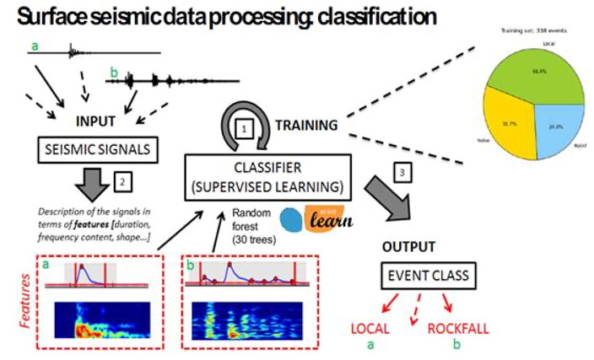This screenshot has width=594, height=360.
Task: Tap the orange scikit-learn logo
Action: tap(323, 222)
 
